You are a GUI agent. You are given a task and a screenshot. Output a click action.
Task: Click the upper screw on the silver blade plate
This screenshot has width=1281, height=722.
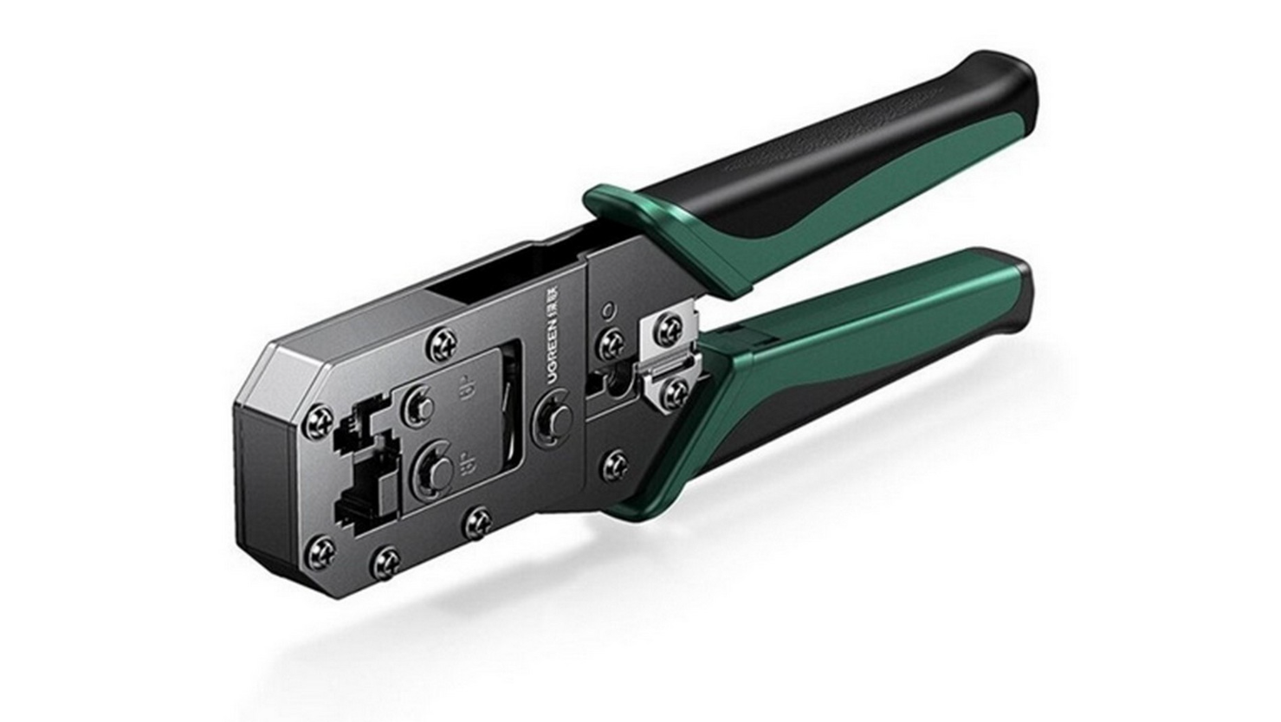pos(668,328)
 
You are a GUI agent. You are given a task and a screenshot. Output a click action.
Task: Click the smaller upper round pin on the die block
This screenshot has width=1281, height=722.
pos(418,406)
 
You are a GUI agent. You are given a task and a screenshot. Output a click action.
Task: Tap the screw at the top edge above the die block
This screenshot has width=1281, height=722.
pos(443,342)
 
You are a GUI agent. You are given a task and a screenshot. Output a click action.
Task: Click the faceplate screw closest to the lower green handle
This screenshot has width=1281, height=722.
pos(615,465)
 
